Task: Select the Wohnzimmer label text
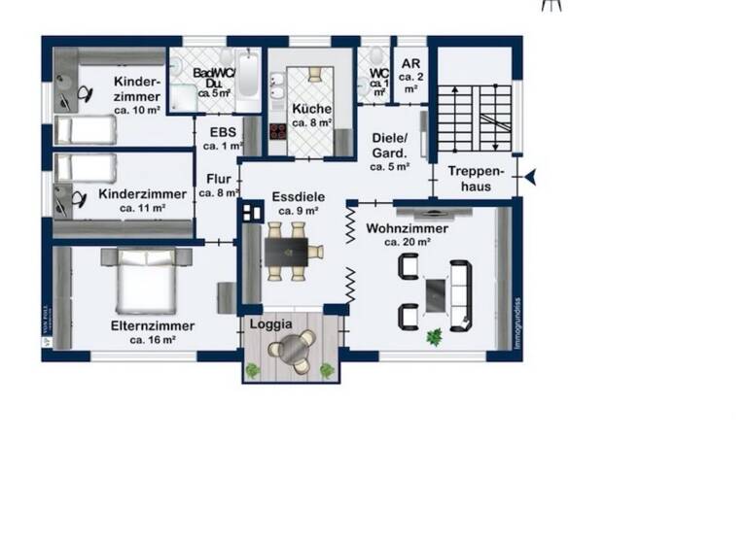tap(407, 234)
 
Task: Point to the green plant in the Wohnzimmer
tap(434, 337)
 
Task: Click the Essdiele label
tap(299, 202)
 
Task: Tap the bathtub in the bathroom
tap(248, 80)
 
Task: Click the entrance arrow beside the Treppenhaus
tap(530, 177)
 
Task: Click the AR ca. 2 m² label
tap(409, 74)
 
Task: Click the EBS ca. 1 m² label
tap(219, 138)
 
